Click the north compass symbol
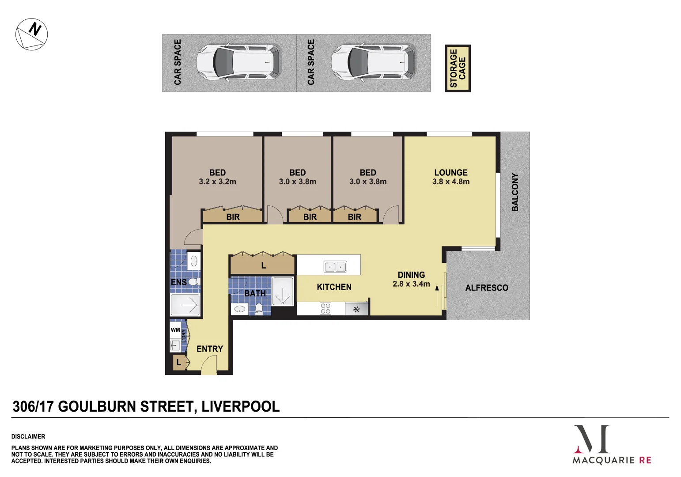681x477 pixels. (x=31, y=34)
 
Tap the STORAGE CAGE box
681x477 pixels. (x=458, y=68)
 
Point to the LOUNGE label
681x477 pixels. (x=450, y=173)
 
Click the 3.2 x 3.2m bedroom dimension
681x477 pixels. (x=217, y=182)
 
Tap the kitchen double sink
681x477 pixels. (x=335, y=267)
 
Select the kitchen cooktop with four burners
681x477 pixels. (x=325, y=308)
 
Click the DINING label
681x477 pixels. (x=411, y=275)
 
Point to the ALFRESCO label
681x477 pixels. (x=487, y=288)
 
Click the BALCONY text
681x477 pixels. (x=515, y=192)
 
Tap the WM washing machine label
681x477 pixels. (x=175, y=330)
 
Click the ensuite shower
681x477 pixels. (x=185, y=305)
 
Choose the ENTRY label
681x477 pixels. (x=210, y=349)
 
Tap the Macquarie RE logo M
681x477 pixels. (x=592, y=439)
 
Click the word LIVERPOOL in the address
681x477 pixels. (x=240, y=406)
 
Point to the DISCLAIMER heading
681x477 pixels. (x=28, y=436)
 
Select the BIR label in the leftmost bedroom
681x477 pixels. (x=233, y=217)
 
